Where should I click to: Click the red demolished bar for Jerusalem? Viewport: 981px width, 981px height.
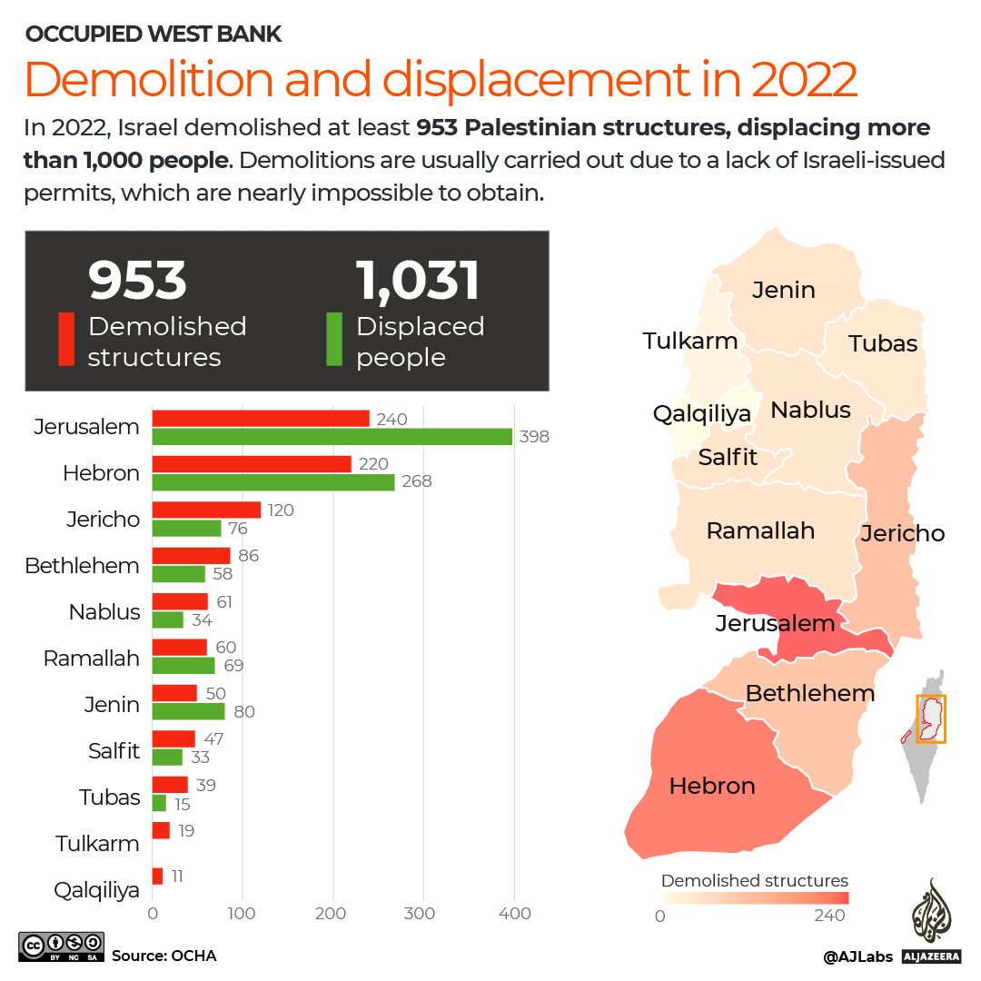pos(261,419)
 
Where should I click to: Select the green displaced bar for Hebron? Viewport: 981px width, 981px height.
pos(273,482)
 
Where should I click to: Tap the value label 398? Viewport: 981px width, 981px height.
pos(534,437)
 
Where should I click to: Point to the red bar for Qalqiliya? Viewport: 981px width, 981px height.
pos(158,877)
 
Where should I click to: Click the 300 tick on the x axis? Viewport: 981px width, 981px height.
pos(423,914)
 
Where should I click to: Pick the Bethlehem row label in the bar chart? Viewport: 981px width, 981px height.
pos(83,566)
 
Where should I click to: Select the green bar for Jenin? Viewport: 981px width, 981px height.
pos(188,711)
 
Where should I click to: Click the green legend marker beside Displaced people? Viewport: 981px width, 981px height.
pos(333,340)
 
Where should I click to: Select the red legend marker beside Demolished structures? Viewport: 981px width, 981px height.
pos(66,340)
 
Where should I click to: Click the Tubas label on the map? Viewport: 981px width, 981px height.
pos(883,343)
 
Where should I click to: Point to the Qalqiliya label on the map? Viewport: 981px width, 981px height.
pos(702,413)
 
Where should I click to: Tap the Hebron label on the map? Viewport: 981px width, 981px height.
pos(712,786)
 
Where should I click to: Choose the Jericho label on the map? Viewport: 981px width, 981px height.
pos(903,533)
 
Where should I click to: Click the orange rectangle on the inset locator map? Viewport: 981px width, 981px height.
pos(931,719)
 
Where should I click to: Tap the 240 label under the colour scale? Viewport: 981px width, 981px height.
pos(830,916)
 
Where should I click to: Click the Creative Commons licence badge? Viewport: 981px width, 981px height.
pos(61,946)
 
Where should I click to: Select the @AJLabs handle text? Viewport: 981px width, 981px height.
pos(857,956)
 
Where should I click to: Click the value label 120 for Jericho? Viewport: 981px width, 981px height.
pos(281,510)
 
